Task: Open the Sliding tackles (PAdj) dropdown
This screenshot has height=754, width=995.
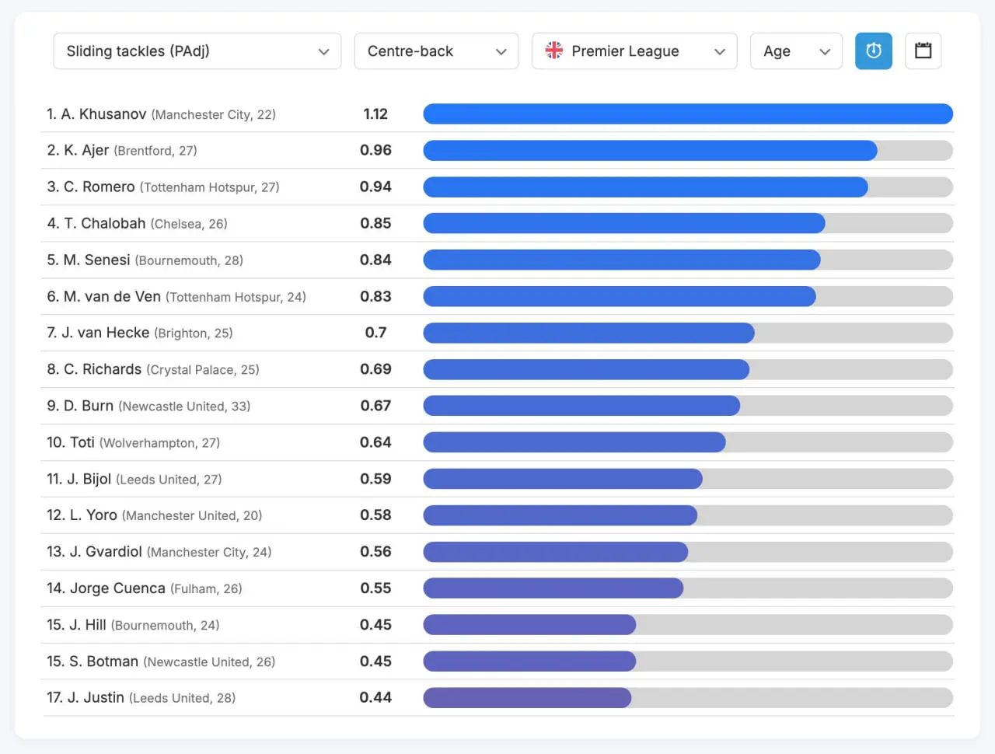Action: [197, 51]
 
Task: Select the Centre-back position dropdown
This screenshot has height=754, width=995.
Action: [436, 51]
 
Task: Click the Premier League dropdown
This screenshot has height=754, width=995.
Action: [634, 51]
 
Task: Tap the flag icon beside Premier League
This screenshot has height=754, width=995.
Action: [554, 51]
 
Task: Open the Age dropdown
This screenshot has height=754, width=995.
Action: [796, 51]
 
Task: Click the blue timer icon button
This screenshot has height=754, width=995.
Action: [874, 51]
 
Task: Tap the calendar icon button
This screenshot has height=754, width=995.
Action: [923, 51]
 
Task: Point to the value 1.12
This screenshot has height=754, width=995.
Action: [375, 114]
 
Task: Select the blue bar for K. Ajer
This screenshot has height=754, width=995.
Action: [650, 151]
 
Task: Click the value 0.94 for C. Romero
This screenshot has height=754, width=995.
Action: [375, 187]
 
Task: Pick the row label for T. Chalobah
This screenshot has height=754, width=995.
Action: [137, 224]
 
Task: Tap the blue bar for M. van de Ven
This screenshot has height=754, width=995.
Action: [620, 296]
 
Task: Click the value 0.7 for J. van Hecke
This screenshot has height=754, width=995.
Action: [375, 333]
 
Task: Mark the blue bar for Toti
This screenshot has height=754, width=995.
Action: [574, 442]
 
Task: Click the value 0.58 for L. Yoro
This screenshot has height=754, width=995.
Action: [375, 515]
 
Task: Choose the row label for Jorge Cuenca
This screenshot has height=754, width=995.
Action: [144, 588]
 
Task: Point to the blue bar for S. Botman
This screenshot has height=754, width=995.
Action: [529, 661]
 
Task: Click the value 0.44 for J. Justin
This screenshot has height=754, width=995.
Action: [375, 698]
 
